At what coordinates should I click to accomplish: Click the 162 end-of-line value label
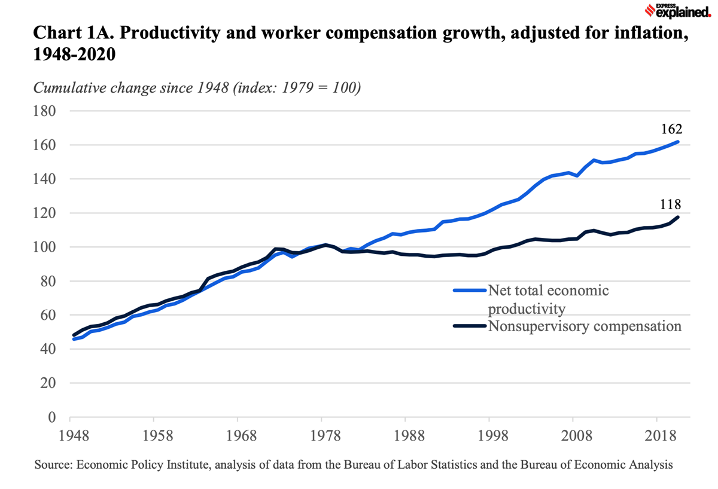(x=671, y=129)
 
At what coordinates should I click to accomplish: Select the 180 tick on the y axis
(x=44, y=111)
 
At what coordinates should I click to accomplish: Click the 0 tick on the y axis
(x=51, y=417)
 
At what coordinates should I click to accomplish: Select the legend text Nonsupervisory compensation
(x=585, y=326)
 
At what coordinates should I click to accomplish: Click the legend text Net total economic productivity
(x=548, y=299)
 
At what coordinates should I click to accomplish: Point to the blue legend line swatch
(x=470, y=291)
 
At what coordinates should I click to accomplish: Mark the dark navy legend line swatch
(x=470, y=326)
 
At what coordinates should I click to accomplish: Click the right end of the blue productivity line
(x=677, y=142)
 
